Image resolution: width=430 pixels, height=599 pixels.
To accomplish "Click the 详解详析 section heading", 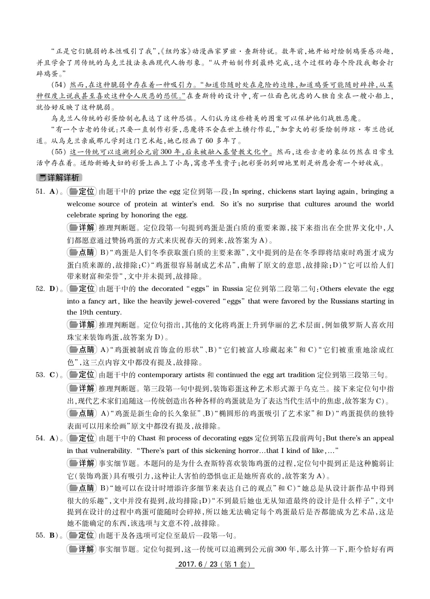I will click(x=59, y=178).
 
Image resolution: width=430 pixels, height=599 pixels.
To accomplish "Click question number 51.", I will click(x=40, y=191).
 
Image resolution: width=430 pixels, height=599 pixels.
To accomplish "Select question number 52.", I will click(x=40, y=289).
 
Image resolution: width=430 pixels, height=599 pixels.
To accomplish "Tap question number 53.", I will click(x=40, y=375).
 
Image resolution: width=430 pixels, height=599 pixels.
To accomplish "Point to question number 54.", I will click(x=40, y=438).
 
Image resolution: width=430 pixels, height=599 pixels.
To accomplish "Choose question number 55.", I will click(x=40, y=535).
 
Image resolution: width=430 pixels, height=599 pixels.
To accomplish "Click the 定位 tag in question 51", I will click(x=82, y=191).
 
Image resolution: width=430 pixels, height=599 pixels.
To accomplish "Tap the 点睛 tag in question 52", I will click(x=82, y=350).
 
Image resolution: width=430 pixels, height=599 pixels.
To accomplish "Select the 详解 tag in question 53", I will click(x=82, y=389).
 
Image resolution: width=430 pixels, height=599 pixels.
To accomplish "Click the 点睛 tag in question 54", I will click(x=82, y=488).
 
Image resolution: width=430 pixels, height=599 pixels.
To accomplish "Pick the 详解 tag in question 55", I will click(x=82, y=549).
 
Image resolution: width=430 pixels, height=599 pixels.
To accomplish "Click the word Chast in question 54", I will click(x=147, y=438).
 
